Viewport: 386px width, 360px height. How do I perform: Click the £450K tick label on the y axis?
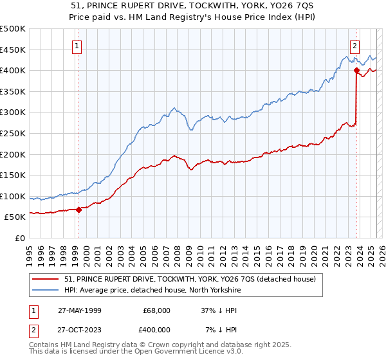(13, 50)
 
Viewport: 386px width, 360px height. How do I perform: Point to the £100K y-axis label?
(13, 196)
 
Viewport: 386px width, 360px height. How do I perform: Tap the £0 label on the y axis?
(19, 239)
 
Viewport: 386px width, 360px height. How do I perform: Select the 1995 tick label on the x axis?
(30, 249)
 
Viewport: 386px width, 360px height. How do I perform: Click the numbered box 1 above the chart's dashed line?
(77, 46)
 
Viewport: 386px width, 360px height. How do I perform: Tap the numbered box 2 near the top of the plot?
(354, 46)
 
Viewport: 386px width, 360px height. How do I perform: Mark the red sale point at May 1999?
(79, 209)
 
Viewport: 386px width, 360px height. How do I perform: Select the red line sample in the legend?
(47, 279)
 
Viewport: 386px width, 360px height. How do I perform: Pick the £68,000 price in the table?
(156, 310)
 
